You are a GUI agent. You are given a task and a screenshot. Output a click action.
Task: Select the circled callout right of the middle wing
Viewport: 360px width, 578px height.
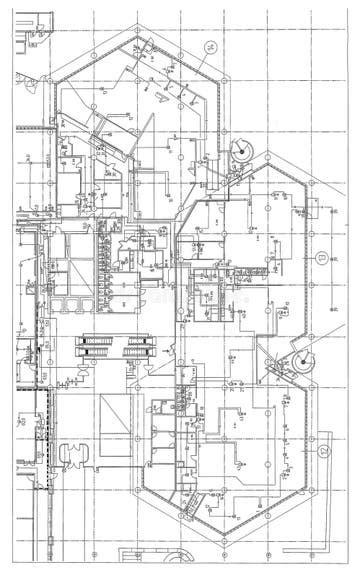[x=321, y=258]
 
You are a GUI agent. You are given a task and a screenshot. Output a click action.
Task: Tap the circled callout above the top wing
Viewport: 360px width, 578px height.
[x=211, y=47]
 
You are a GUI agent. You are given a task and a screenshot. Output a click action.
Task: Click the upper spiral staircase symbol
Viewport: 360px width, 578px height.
[x=241, y=153]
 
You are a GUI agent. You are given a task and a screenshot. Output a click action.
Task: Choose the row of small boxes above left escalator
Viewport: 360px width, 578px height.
[x=80, y=299]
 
